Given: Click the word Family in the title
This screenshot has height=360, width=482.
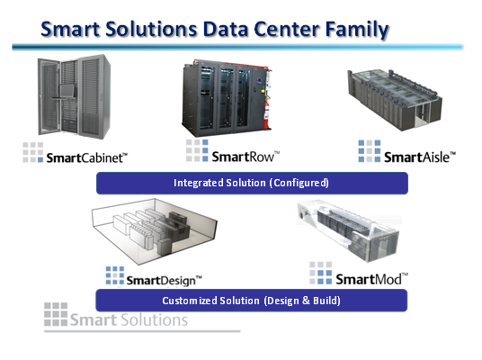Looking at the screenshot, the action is point(357,31).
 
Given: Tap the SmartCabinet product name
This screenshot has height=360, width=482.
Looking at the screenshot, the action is point(86,157).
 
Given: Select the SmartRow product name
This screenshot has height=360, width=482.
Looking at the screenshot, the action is point(245,157).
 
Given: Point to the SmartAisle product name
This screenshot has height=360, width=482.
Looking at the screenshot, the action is point(420,157).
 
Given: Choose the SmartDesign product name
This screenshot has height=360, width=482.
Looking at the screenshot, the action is point(165,280).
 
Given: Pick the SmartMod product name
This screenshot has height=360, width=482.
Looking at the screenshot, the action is point(371,279).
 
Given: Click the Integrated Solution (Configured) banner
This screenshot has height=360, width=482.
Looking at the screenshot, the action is point(252,183).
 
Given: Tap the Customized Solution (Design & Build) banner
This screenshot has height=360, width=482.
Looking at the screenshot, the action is point(252,301).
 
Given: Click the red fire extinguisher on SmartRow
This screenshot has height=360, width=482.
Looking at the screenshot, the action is point(266,115).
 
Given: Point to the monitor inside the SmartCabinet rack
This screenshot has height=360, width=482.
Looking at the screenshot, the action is point(67,91).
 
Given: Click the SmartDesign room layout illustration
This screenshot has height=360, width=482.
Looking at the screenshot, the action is point(155,231).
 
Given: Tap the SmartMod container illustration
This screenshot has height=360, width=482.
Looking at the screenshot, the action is point(348,231).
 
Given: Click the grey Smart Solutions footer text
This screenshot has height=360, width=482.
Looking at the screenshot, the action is point(129,320).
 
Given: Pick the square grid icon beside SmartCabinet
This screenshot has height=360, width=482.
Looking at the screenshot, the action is point(33,152).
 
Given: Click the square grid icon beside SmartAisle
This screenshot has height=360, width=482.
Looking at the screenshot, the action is point(370,151).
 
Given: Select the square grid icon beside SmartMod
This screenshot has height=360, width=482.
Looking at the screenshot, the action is point(321,274).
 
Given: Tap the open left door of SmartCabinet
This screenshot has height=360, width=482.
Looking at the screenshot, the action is point(49,96).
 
